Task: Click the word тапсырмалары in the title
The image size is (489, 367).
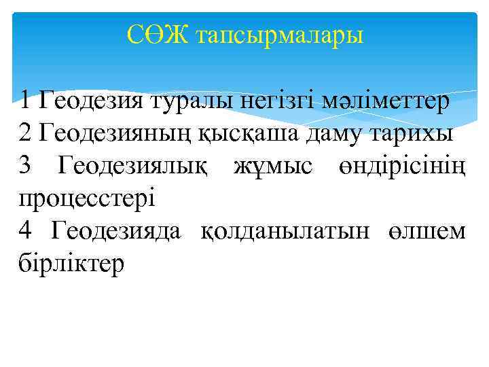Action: tap(279, 35)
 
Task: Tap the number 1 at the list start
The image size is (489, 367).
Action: tap(25, 102)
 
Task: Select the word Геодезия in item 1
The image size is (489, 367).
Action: tap(90, 103)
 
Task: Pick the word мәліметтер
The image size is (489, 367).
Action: tap(388, 103)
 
